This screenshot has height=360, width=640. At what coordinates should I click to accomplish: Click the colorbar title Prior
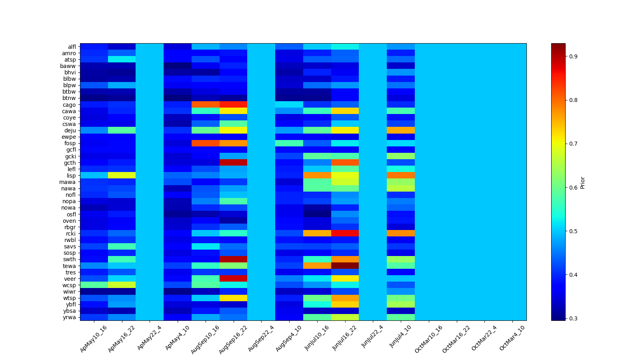[x=582, y=182]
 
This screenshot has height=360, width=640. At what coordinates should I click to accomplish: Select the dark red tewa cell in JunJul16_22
[x=345, y=266]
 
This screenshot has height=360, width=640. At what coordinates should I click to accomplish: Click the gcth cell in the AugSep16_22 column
[x=233, y=162]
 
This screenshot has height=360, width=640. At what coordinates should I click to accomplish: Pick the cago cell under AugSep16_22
[x=233, y=105]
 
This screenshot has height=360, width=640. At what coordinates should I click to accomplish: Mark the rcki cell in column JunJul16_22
[x=345, y=233]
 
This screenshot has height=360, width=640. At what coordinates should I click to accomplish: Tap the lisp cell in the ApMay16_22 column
[x=122, y=175]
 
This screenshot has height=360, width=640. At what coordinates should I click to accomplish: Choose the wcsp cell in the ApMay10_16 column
[x=94, y=285]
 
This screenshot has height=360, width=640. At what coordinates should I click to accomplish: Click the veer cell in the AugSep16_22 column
[x=233, y=278]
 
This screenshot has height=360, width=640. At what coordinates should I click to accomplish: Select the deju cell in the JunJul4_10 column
[x=401, y=130]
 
